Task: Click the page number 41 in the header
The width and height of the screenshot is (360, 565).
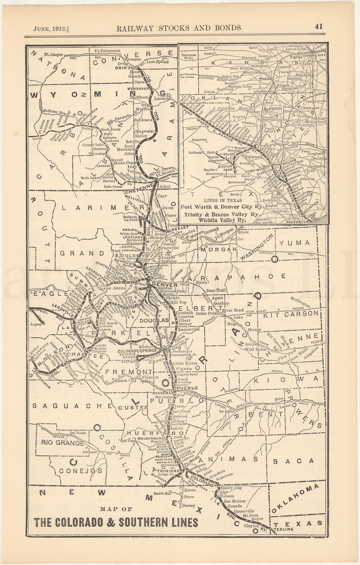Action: (318, 27)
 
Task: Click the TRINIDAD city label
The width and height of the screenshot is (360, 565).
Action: (168, 471)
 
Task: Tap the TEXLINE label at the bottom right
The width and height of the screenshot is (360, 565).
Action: (284, 529)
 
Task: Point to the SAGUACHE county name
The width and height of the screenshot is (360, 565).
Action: (73, 406)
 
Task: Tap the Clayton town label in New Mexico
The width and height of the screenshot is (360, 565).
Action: (251, 526)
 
